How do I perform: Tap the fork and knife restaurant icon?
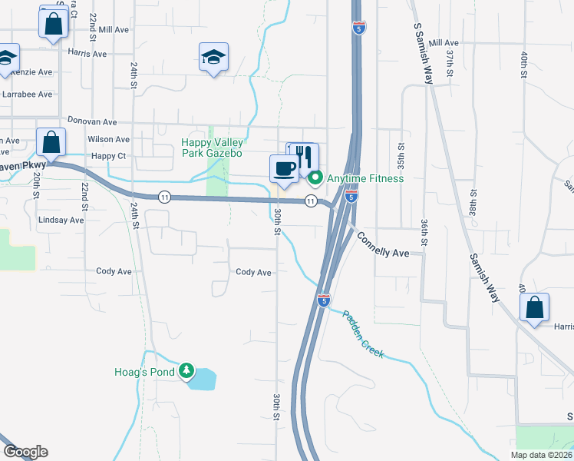click(x=305, y=156)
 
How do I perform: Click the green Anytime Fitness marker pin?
click(x=315, y=179)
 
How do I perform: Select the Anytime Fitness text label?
click(x=365, y=179)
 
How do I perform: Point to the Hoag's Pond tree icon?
click(x=186, y=372)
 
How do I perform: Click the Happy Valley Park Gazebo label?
click(x=212, y=148)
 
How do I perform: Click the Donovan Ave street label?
click(x=92, y=121)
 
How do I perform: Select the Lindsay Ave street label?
click(x=61, y=220)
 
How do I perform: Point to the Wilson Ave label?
click(x=109, y=139)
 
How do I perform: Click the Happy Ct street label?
click(x=108, y=156)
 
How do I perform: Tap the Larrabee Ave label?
click(x=27, y=94)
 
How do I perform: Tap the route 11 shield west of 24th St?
click(x=164, y=197)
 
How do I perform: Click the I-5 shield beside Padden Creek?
click(x=324, y=300)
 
